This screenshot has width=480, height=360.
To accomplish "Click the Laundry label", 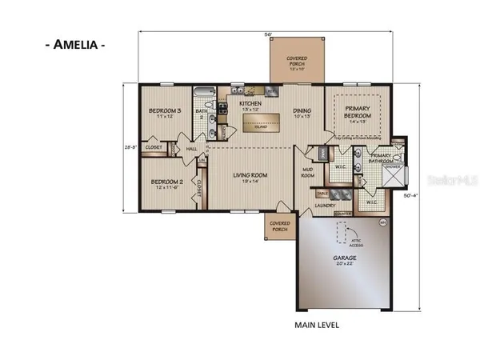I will (324, 206).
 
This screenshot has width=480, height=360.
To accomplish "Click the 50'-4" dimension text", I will (432, 195).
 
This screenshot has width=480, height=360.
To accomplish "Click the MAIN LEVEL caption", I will (317, 326).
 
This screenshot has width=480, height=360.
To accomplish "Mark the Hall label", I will (191, 149).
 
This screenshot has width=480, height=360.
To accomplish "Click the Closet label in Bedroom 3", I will (154, 148).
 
